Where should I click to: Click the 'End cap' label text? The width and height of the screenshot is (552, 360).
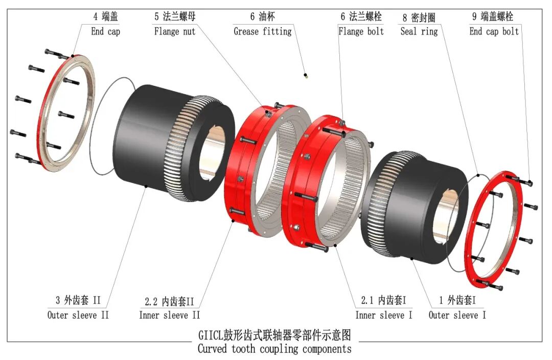coord(106,32)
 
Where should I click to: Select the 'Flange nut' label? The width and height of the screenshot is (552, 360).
coord(175,31)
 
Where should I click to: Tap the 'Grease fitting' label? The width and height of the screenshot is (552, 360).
coord(263,32)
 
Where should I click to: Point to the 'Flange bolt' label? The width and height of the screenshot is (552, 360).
coord(361,31)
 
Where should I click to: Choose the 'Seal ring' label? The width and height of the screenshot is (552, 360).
coord(419,32)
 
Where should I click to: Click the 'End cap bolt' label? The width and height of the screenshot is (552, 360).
coord(494,31)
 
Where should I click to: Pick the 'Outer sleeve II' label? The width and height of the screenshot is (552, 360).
coord(78,314)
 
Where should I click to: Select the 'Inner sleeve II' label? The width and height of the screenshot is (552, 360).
coord(169,315)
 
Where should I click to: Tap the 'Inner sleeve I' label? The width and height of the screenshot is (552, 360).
coord(384,315)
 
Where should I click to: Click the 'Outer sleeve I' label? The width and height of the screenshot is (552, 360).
coord(457,315)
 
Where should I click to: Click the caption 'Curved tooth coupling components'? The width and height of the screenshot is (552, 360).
coord(274,349)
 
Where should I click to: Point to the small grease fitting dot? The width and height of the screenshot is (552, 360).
coord(306,75)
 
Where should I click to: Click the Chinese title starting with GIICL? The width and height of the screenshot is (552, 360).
coord(274,334)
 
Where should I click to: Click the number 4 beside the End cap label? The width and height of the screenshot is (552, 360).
coord(96,16)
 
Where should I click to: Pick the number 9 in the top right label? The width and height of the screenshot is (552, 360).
coord(474,16)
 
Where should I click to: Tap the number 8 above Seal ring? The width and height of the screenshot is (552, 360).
coord(405,17)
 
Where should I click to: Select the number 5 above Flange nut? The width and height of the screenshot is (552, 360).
coord(157,16)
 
